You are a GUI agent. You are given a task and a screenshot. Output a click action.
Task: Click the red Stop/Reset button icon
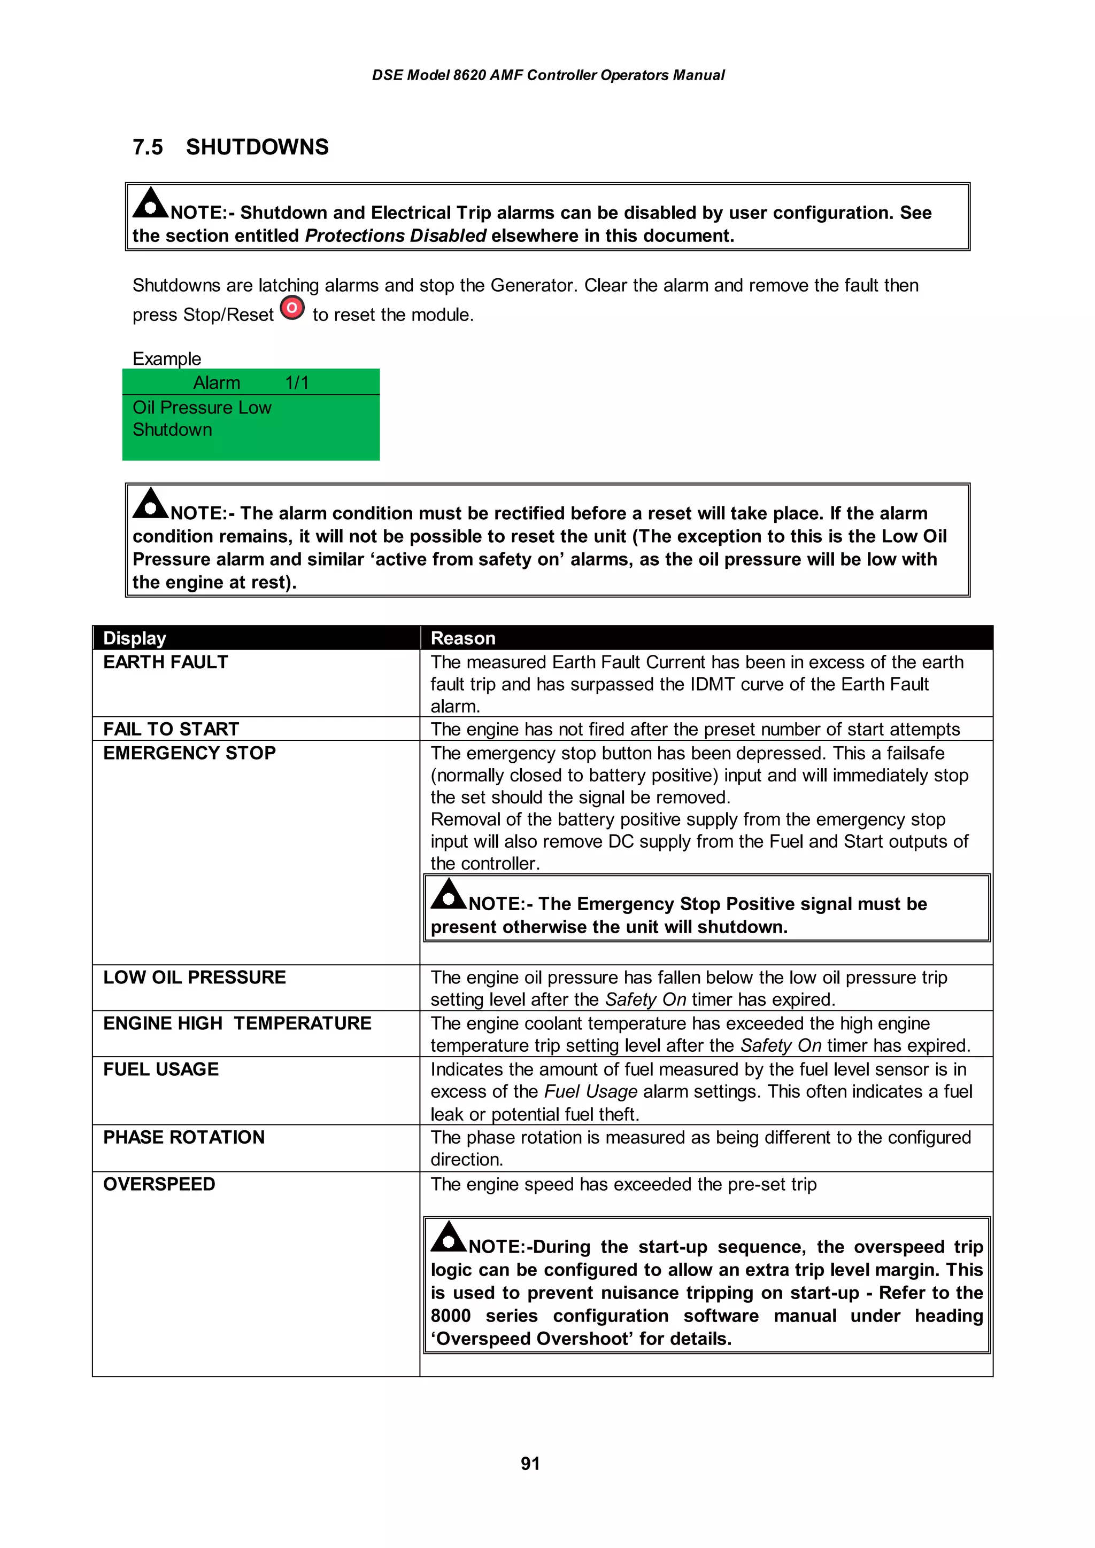(292, 308)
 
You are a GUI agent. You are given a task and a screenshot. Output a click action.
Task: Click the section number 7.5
(147, 147)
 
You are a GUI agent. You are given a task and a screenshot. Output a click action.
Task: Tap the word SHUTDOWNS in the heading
(257, 147)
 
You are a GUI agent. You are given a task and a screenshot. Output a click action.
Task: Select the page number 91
(530, 1463)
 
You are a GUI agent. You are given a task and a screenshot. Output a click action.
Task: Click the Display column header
(134, 638)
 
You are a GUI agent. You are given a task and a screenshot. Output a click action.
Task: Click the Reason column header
(463, 638)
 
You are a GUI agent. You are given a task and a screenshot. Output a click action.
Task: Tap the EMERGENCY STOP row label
(189, 753)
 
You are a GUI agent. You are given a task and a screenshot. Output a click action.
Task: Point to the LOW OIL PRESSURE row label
(194, 977)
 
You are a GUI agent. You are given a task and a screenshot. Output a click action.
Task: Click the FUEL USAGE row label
(160, 1069)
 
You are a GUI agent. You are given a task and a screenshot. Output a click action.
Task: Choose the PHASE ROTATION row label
(183, 1137)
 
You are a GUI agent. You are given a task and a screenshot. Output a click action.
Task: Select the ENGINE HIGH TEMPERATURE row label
(237, 1023)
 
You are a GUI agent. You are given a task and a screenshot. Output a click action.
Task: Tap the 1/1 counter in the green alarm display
(297, 383)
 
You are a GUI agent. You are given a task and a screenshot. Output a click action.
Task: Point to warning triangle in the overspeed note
(448, 1237)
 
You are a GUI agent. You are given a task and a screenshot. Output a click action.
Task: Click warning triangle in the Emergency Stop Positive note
(448, 894)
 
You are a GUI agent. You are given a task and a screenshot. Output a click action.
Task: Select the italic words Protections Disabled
(395, 236)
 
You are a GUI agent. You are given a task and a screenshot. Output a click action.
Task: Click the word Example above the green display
(167, 358)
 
